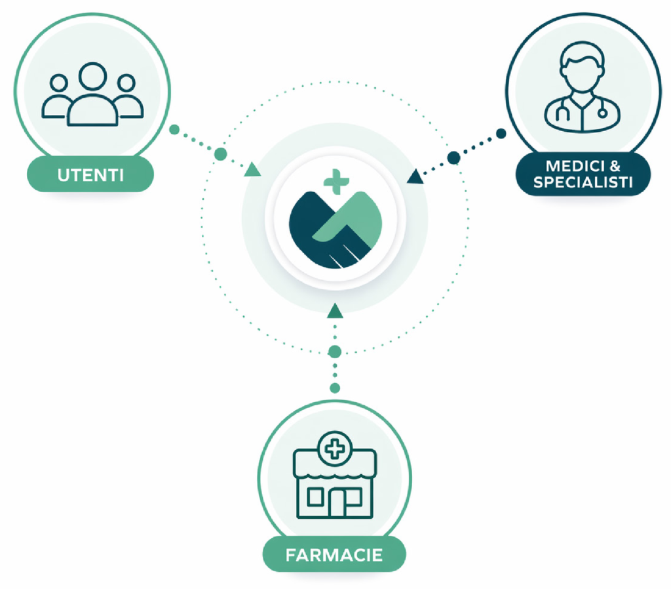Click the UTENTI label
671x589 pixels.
pos(90,174)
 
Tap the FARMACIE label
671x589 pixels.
pos(334,555)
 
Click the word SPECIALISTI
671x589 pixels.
pos(583,182)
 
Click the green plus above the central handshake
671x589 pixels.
pos(336,182)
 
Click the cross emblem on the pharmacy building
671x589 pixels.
pos(335,449)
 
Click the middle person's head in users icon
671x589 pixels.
pos(92,77)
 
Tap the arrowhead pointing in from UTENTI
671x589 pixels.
pos(252,170)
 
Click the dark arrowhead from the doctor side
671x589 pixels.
pos(415,176)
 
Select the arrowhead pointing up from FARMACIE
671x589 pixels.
pos(335,311)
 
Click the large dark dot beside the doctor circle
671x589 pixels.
pos(453,157)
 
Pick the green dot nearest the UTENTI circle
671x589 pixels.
pos(174,129)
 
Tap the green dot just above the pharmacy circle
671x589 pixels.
pos(335,388)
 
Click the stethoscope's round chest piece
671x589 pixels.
pos(602,113)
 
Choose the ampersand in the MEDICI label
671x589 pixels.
pos(615,166)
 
